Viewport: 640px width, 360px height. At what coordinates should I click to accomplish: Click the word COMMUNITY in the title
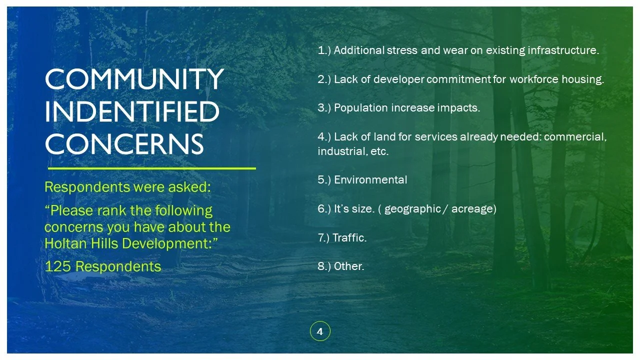pyautogui.click(x=133, y=79)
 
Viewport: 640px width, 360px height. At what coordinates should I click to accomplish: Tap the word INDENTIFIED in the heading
pyautogui.click(x=132, y=111)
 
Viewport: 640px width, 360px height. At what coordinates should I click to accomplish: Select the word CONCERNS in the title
pyautogui.click(x=124, y=144)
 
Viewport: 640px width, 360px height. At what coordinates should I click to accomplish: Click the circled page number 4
pyautogui.click(x=320, y=331)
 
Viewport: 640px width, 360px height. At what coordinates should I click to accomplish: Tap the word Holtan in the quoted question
pyautogui.click(x=62, y=243)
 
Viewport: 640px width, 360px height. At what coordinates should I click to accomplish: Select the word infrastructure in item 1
pyautogui.click(x=562, y=50)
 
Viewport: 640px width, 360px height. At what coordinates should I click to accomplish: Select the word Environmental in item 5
pyautogui.click(x=370, y=180)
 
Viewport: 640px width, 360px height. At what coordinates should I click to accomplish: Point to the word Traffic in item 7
pyautogui.click(x=349, y=237)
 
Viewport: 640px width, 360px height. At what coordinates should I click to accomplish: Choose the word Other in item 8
pyautogui.click(x=348, y=266)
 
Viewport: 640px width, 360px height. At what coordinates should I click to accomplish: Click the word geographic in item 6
pyautogui.click(x=412, y=208)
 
